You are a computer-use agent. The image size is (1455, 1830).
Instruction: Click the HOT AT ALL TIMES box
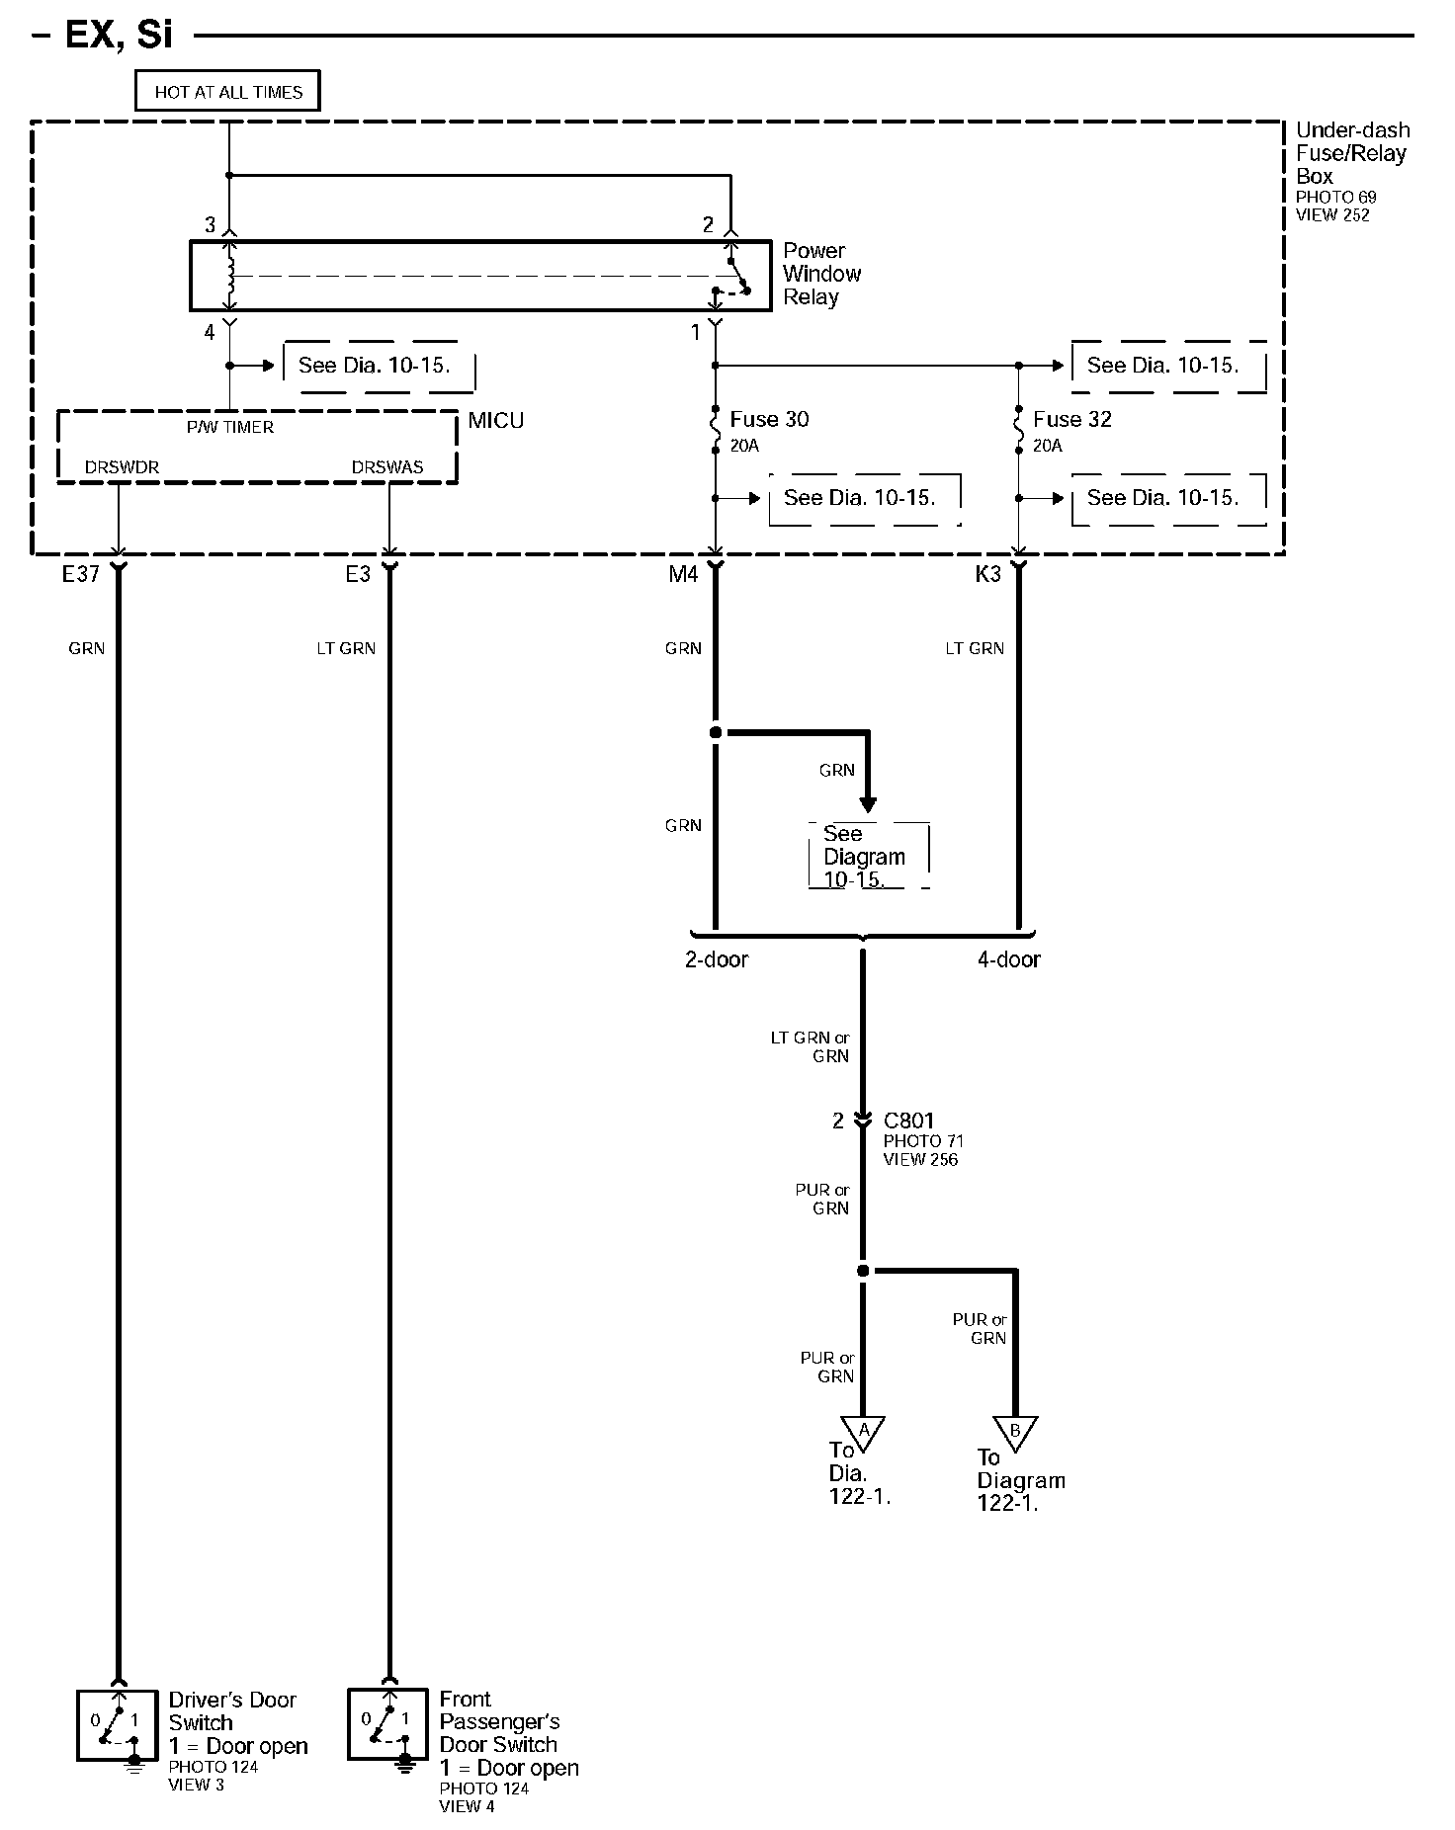point(227,92)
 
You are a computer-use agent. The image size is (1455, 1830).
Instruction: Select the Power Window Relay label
point(820,274)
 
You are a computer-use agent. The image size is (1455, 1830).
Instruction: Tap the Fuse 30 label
point(769,420)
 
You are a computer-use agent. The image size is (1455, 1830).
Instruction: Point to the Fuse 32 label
point(1071,420)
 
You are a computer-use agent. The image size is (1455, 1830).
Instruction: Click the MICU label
point(495,421)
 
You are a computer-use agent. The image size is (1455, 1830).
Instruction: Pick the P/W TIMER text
point(230,427)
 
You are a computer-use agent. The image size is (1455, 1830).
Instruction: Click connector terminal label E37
point(81,574)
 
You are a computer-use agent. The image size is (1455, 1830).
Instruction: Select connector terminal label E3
point(357,574)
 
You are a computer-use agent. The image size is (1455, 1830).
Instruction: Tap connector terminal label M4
point(683,574)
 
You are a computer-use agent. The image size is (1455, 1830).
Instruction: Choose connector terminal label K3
point(987,574)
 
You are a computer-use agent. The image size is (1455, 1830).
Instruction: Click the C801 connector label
point(908,1121)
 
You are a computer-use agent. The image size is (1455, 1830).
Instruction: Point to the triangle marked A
point(863,1431)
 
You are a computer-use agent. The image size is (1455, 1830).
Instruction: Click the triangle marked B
point(1015,1431)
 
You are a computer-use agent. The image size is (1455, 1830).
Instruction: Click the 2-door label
point(717,959)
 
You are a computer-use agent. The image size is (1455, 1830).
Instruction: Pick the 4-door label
point(1008,959)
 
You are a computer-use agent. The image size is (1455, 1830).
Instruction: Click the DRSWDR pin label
point(122,467)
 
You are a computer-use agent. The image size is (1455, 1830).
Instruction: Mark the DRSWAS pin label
point(387,467)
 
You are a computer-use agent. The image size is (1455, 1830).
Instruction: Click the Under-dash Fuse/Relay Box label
point(1351,153)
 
